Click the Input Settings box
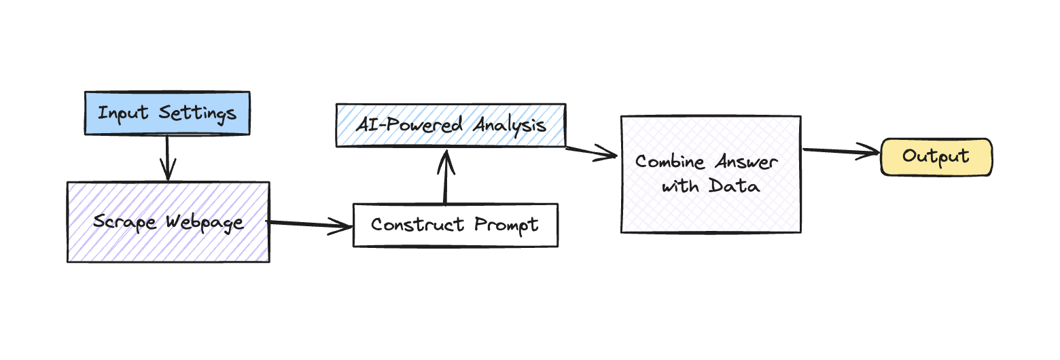click(x=166, y=113)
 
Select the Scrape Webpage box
click(x=168, y=222)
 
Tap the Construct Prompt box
click(x=455, y=225)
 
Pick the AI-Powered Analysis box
click(x=450, y=125)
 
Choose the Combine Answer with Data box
click(x=710, y=175)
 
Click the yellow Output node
click(x=936, y=157)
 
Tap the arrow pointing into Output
click(x=841, y=152)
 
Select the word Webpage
click(x=205, y=223)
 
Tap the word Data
click(x=734, y=185)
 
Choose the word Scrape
click(x=126, y=222)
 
